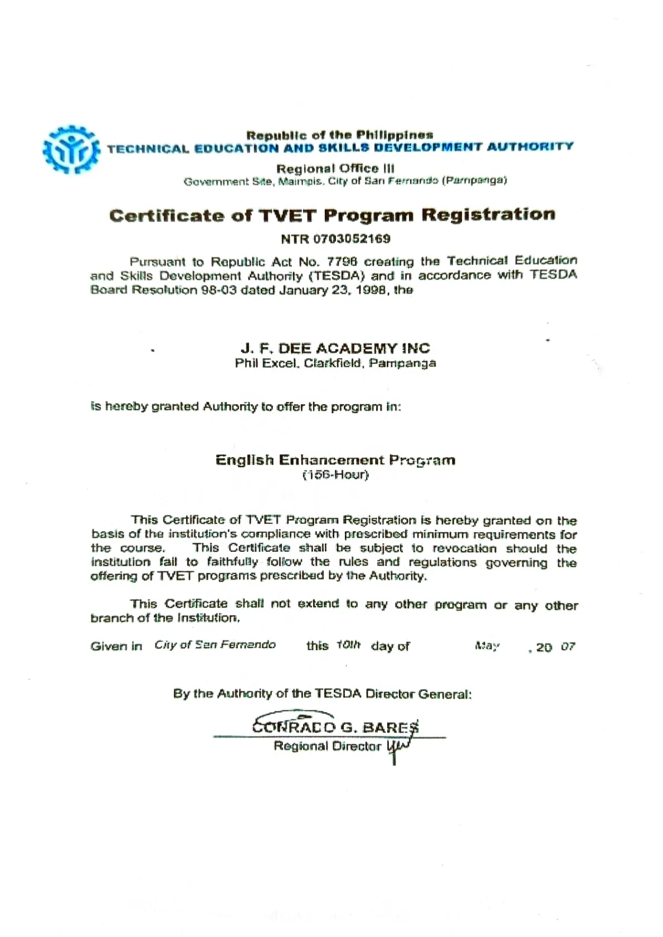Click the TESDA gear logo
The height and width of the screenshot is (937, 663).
pos(71,149)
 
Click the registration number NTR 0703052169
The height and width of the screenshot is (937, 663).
pos(335,239)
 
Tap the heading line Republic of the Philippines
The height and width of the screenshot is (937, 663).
pos(339,135)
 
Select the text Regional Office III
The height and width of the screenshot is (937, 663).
pos(335,169)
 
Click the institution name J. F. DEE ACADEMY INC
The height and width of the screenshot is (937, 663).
pos(335,349)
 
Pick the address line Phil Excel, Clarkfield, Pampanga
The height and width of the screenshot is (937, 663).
pos(335,364)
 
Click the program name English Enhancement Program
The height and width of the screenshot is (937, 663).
pos(335,460)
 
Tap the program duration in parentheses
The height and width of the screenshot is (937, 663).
pos(335,475)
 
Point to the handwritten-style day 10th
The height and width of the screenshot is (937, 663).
pos(348,645)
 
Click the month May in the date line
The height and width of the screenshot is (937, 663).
pos(487,646)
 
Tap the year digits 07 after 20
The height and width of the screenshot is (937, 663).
pos(568,647)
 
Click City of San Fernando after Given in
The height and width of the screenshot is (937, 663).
pos(215,645)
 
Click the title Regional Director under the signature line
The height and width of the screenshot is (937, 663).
pos(328,747)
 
